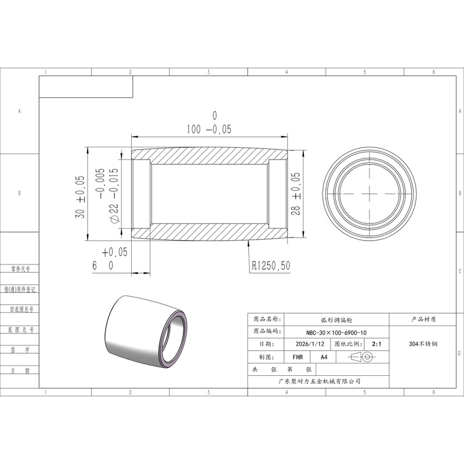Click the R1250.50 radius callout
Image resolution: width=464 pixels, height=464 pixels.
(271, 266)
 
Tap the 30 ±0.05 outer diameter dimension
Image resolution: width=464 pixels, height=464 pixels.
(80, 197)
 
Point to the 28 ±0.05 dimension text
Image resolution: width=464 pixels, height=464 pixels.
(295, 194)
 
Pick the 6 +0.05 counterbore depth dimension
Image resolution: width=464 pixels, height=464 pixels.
(110, 259)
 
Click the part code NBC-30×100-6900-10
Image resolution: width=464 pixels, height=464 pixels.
(336, 332)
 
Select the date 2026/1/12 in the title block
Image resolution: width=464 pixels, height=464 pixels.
(310, 344)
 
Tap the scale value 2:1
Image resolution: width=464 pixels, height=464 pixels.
(376, 344)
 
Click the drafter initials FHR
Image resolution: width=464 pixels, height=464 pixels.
(298, 357)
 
